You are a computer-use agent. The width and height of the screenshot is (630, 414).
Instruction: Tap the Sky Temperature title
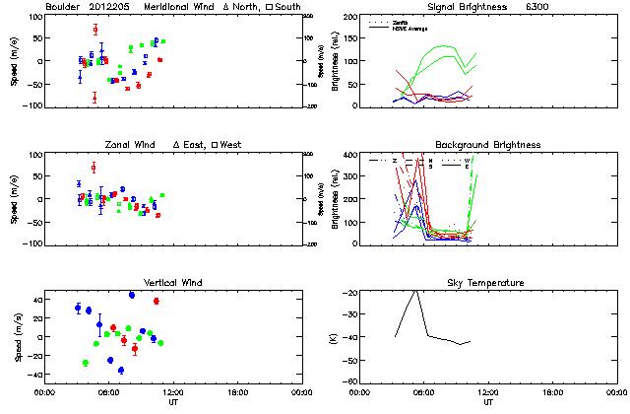(488, 283)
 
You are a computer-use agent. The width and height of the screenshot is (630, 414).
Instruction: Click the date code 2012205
(110, 7)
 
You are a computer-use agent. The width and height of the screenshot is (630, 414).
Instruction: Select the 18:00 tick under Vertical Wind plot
(235, 392)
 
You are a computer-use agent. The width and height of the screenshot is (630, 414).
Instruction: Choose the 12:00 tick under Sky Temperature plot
(488, 392)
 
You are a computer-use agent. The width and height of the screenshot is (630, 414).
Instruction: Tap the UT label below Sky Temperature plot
(488, 403)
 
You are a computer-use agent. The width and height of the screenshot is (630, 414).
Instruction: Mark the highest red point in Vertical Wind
(157, 301)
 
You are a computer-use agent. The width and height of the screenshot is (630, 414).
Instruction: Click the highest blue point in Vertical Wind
(132, 295)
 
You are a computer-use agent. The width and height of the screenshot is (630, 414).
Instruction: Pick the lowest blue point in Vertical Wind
(121, 371)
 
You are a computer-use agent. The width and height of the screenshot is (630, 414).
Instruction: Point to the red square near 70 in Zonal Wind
(94, 167)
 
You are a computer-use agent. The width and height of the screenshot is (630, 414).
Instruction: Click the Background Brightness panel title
(488, 145)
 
